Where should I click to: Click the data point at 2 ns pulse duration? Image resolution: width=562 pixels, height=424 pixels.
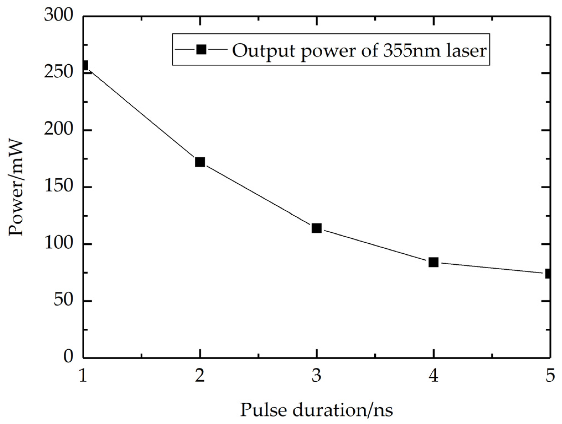[x=200, y=162]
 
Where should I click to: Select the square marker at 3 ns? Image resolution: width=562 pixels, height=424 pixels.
[x=317, y=228]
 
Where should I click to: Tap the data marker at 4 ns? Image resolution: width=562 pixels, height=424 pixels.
[x=433, y=262]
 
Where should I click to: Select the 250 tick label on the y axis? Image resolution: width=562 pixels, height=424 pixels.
[x=58, y=73]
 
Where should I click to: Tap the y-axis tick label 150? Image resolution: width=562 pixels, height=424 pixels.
[x=58, y=187]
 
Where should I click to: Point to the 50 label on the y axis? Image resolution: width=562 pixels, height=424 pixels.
[x=63, y=301]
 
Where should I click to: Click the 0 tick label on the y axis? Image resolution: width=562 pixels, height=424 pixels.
[x=68, y=357]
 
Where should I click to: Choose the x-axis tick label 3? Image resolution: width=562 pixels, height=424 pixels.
[x=317, y=376]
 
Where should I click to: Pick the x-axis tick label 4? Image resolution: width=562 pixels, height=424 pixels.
[x=433, y=376]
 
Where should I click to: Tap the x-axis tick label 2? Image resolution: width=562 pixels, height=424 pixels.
[x=200, y=376]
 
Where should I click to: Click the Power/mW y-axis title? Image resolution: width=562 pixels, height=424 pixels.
[x=16, y=188]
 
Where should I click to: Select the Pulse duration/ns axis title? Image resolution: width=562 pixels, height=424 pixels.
[x=317, y=410]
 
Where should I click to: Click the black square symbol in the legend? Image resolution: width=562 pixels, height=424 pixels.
[x=201, y=50]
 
